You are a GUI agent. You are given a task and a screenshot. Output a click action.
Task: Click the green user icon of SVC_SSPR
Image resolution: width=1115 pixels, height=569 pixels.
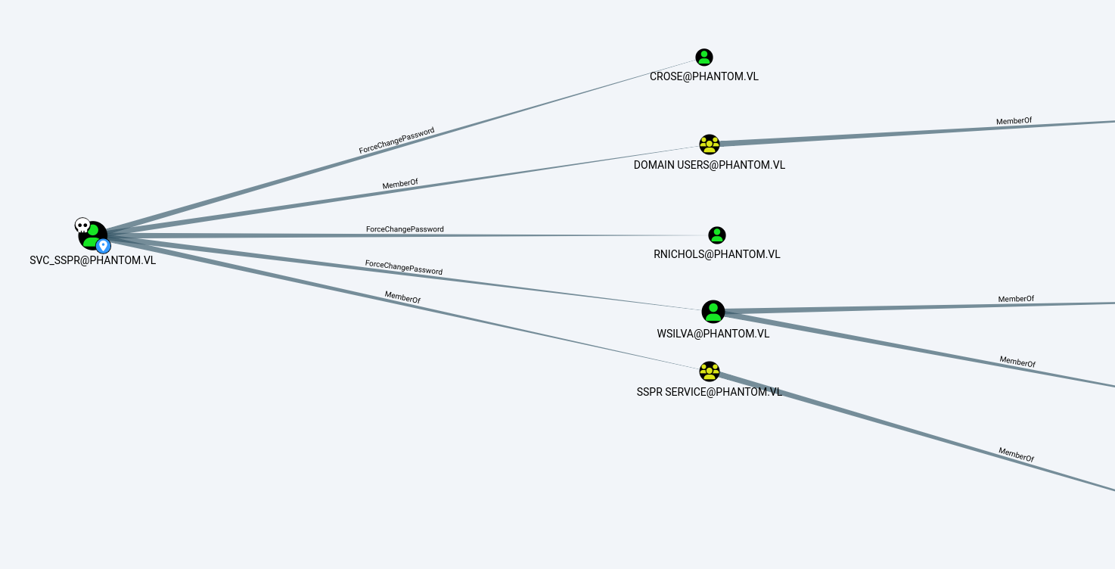(92, 235)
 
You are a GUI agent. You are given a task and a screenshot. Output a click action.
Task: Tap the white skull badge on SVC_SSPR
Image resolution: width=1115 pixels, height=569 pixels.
(82, 225)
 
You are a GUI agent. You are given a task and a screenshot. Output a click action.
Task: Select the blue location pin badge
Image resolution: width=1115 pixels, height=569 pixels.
(104, 246)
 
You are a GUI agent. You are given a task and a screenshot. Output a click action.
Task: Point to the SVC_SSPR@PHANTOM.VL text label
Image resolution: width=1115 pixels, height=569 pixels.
(93, 260)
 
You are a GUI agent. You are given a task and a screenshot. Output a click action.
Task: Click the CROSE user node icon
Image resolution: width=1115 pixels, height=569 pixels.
(704, 58)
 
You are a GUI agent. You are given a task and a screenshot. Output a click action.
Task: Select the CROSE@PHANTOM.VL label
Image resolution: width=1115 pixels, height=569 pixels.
(704, 76)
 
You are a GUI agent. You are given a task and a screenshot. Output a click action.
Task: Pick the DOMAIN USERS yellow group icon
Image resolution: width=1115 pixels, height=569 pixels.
(710, 145)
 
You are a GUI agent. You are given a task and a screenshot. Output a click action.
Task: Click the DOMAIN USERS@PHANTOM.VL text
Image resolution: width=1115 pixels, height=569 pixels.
(710, 165)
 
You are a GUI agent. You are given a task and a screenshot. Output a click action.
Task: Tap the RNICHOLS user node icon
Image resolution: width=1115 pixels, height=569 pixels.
(717, 235)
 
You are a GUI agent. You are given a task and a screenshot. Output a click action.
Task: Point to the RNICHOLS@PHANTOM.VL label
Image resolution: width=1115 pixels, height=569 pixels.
(717, 254)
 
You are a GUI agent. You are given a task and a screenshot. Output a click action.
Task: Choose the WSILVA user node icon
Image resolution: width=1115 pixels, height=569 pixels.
(713, 312)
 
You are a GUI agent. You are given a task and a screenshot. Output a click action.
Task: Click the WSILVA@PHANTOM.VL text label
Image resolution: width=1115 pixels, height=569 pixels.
(713, 333)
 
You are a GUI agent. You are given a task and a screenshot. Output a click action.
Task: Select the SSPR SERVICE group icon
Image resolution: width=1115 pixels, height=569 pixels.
(710, 372)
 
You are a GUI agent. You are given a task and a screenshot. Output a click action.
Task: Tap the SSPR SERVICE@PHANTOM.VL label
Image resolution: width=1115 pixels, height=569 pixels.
(710, 392)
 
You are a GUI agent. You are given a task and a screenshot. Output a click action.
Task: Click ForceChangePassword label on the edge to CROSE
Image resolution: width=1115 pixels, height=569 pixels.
(397, 141)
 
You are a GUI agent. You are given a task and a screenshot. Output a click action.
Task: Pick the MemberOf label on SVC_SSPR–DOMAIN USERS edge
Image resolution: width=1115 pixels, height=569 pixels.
(400, 184)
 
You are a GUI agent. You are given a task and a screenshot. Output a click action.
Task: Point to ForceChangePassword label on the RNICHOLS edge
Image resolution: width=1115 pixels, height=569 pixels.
(405, 229)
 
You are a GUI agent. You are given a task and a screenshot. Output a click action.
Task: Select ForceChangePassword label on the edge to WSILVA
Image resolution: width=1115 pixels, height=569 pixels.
(404, 267)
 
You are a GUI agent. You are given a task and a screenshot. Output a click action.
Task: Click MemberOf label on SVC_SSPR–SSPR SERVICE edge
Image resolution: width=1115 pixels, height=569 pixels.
(402, 297)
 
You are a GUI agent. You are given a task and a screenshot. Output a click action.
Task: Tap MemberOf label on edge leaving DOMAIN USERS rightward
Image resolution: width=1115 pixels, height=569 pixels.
(1014, 121)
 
